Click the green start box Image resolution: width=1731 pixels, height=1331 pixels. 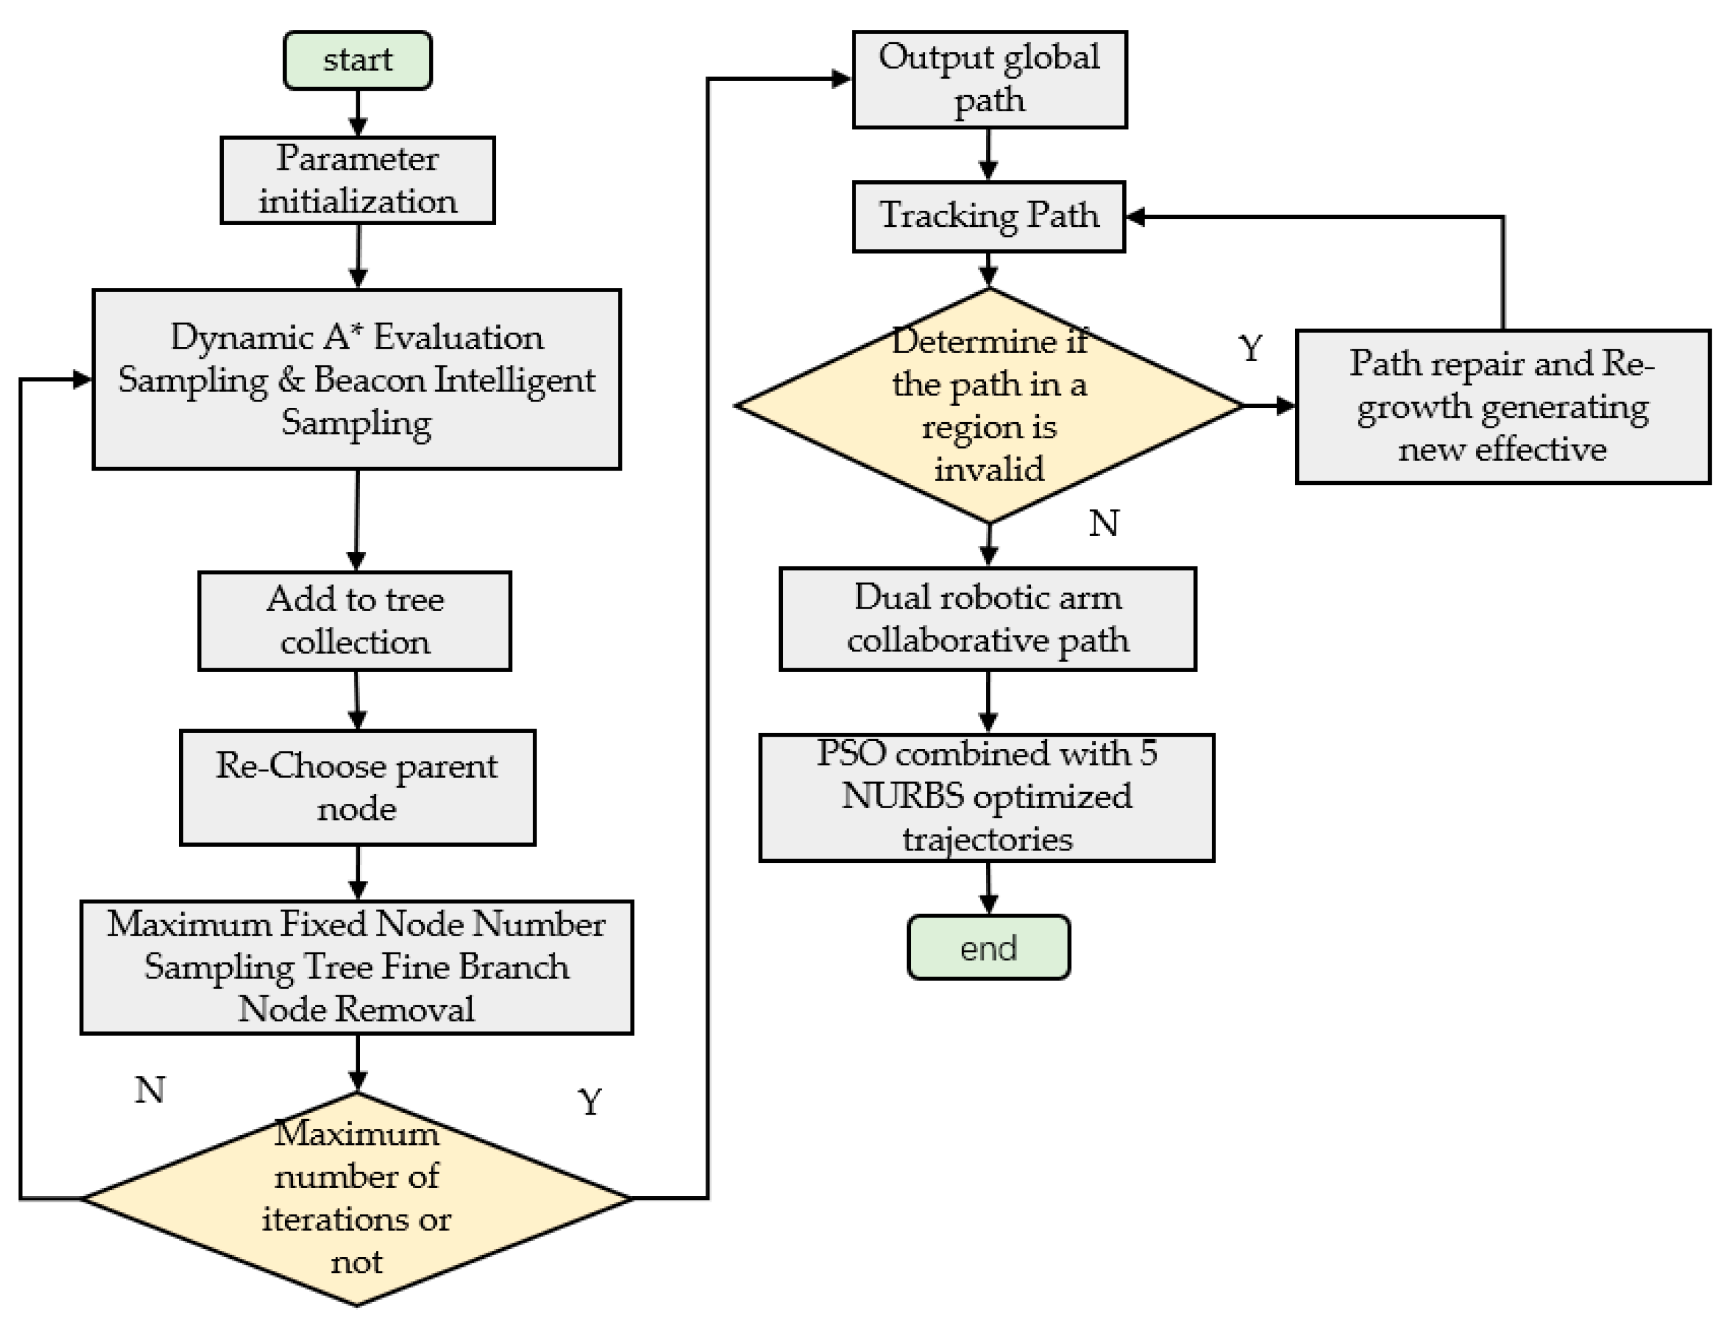click(x=358, y=60)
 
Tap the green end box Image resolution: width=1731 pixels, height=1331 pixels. click(x=988, y=947)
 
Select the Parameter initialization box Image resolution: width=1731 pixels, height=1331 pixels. click(x=358, y=180)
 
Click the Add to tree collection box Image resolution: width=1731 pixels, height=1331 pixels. click(x=354, y=620)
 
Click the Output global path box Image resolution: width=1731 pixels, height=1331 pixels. click(x=989, y=79)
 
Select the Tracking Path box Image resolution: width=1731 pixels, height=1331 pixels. click(x=988, y=216)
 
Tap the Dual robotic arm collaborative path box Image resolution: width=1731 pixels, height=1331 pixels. click(x=987, y=619)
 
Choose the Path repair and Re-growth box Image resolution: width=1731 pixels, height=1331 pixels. click(x=1502, y=405)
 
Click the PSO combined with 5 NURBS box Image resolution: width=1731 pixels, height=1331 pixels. click(x=986, y=797)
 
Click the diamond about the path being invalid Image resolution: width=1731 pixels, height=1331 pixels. click(x=988, y=405)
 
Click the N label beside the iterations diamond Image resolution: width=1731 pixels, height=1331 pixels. click(x=150, y=1090)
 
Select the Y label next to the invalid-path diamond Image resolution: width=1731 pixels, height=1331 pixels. click(x=1250, y=348)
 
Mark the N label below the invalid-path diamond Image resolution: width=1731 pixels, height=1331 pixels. click(x=1104, y=523)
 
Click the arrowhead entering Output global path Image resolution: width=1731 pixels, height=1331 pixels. click(x=841, y=78)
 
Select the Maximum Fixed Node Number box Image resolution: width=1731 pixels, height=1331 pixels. click(x=356, y=967)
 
